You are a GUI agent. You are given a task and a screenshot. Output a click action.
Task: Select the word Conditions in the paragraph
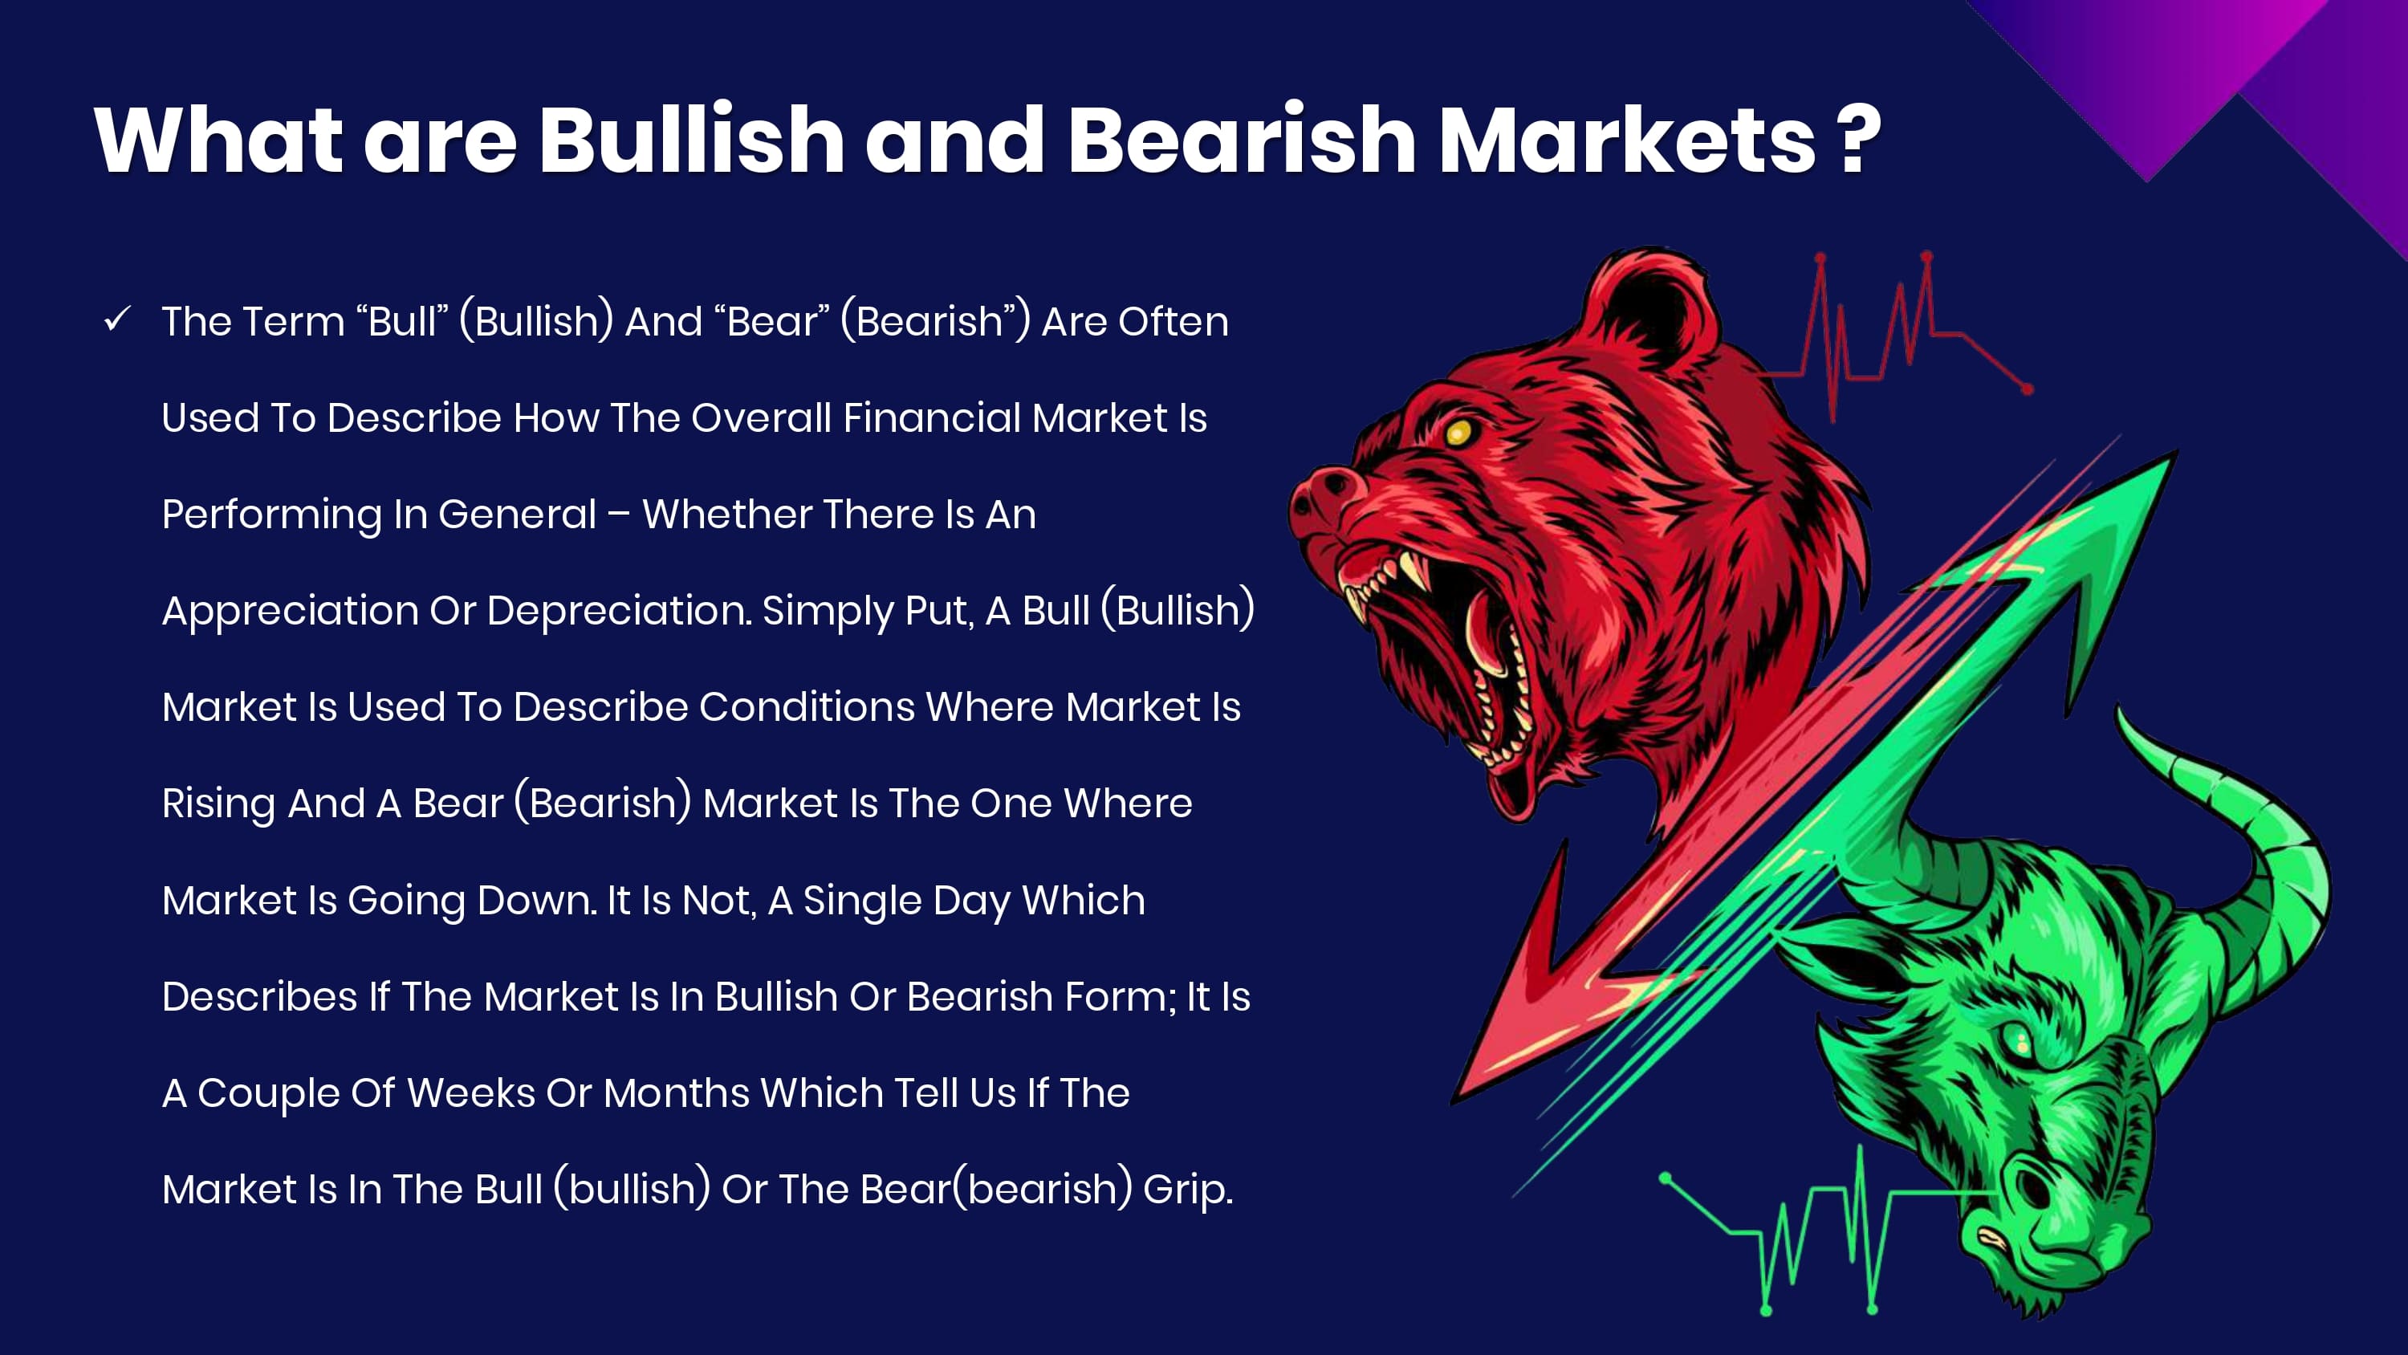[x=807, y=707]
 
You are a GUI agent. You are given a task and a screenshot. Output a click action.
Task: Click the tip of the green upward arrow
[x=2176, y=453]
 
